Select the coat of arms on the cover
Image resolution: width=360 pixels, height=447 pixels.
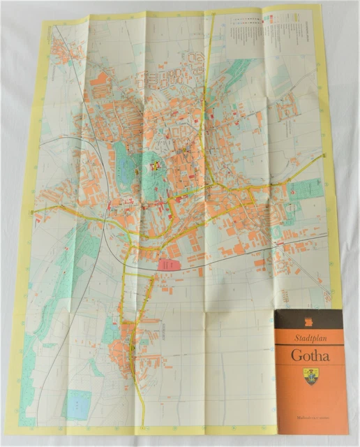tap(310, 378)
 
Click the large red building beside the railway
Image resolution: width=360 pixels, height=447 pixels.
tap(167, 265)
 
